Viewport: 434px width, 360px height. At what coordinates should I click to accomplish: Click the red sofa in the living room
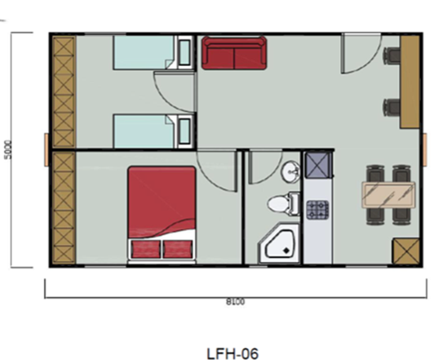click(234, 53)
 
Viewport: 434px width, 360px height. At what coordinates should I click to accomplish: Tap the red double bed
click(162, 214)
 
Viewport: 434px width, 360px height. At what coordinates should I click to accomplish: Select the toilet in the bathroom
click(283, 203)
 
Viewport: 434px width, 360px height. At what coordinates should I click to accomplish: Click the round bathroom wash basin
click(290, 171)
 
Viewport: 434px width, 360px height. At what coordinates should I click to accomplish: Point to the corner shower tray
click(279, 244)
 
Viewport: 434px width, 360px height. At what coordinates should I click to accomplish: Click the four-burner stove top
click(317, 210)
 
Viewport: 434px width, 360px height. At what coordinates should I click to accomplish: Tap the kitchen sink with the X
click(318, 166)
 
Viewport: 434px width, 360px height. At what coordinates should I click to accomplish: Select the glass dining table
click(388, 194)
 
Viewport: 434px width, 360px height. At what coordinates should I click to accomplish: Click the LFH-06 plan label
click(232, 353)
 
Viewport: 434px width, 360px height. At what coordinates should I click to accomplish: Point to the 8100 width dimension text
click(236, 302)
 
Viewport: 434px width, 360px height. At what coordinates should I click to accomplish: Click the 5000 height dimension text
click(9, 149)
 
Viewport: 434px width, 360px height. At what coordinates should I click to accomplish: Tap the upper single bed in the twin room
click(153, 52)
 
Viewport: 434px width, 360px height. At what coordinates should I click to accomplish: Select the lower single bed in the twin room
click(153, 131)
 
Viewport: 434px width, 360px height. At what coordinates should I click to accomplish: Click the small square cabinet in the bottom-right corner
click(406, 251)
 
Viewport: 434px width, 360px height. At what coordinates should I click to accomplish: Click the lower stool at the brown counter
click(392, 108)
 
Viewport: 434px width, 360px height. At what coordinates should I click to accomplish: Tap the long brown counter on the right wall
click(410, 82)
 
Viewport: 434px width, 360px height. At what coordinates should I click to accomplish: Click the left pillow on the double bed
click(146, 249)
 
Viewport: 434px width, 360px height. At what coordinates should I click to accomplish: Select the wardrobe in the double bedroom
click(64, 207)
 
